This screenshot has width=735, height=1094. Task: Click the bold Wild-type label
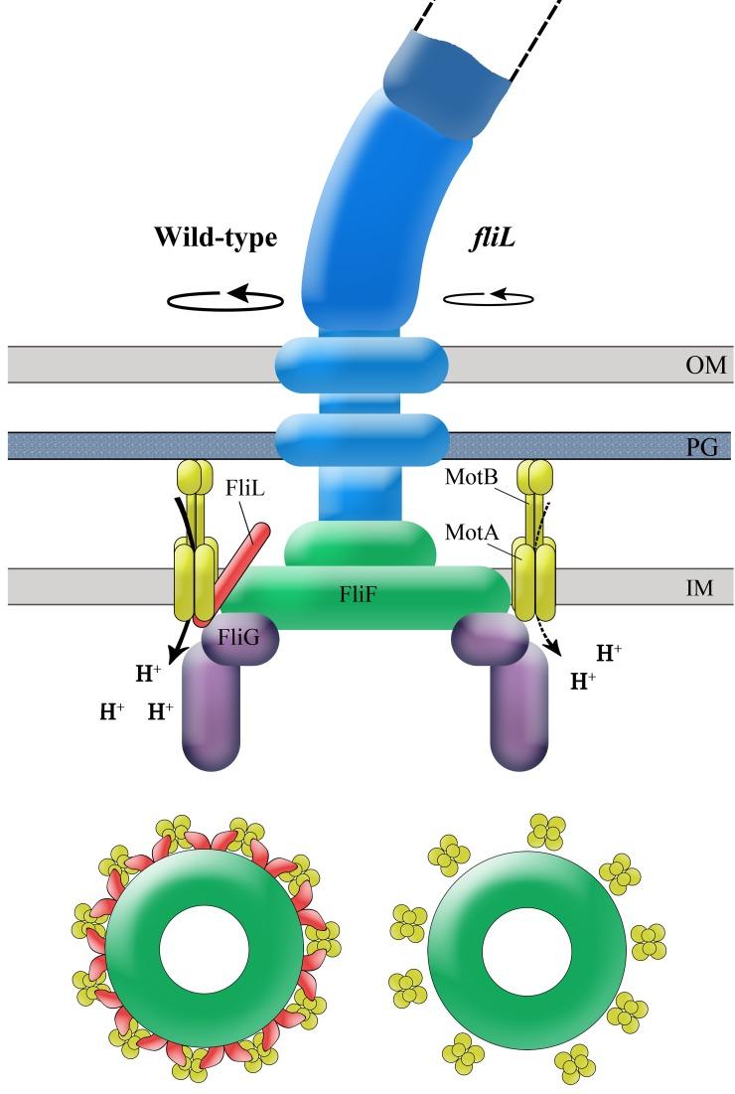pyautogui.click(x=215, y=238)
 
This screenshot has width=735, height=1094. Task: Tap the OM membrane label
pyautogui.click(x=705, y=366)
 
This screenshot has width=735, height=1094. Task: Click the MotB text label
pyautogui.click(x=470, y=478)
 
